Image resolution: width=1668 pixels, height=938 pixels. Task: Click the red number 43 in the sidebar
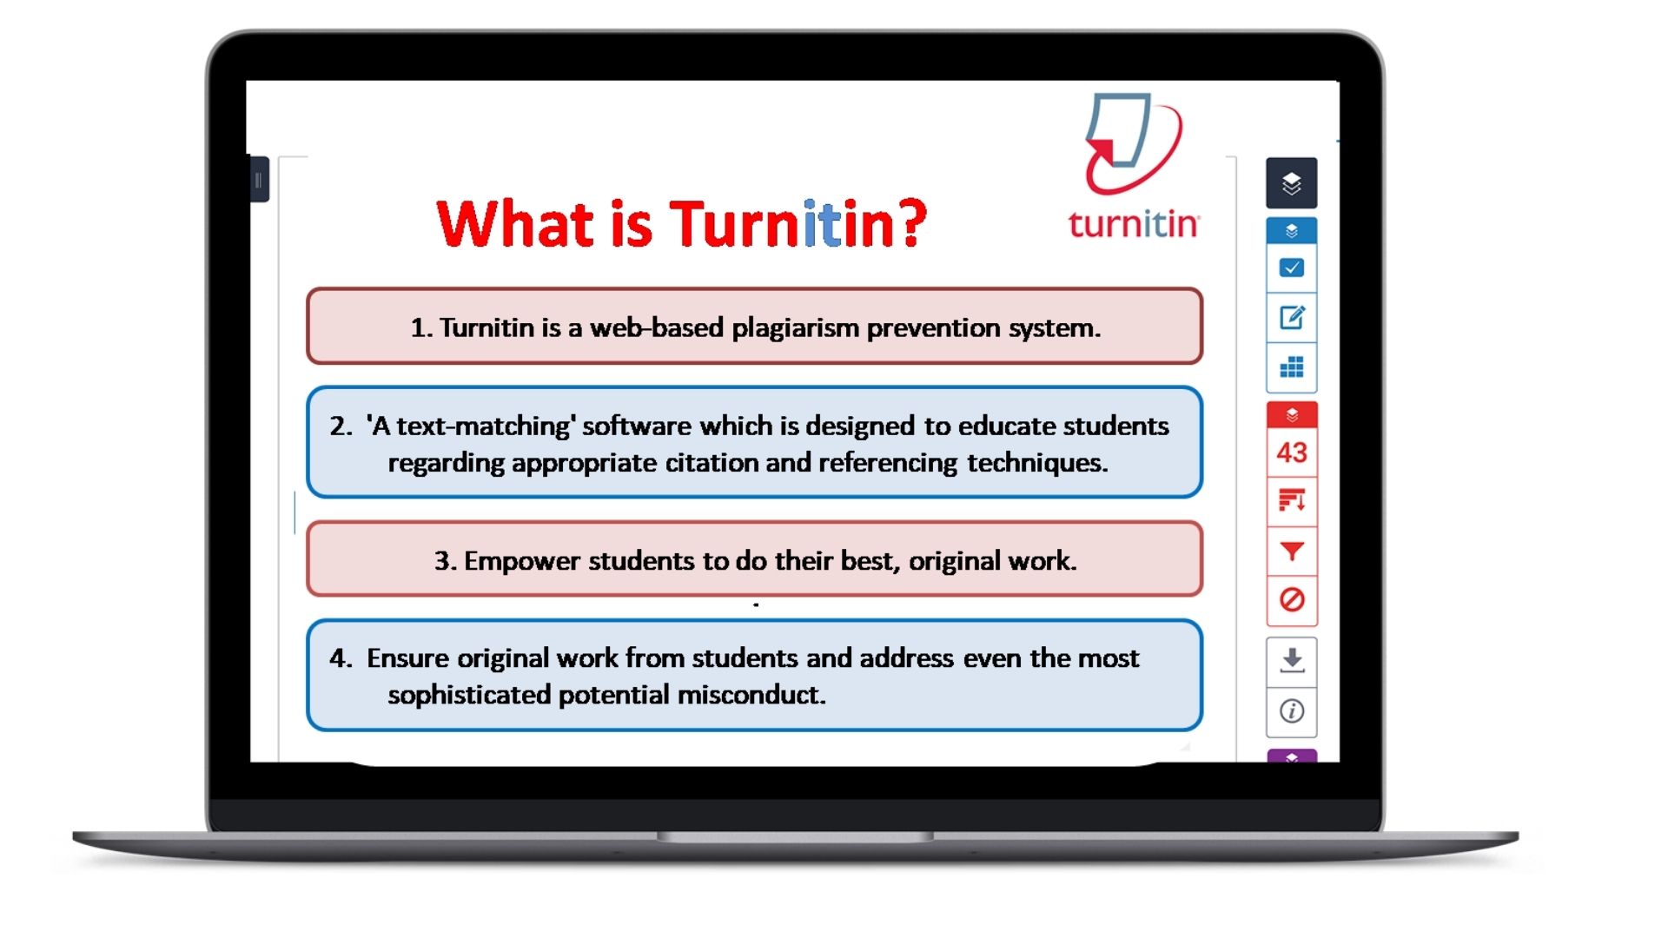click(1292, 452)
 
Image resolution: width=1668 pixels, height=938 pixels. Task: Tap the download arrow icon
click(1292, 661)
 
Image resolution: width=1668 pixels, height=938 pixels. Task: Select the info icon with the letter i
click(1292, 711)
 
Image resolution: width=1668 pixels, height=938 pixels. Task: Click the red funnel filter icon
click(1292, 551)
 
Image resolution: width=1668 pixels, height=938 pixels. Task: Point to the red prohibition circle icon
click(1292, 599)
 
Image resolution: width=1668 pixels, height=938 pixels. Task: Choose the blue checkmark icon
click(1292, 268)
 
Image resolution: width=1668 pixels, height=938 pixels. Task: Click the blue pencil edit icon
click(1292, 318)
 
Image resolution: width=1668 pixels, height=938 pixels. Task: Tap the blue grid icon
click(1292, 367)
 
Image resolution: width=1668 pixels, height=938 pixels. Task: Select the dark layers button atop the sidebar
click(1292, 183)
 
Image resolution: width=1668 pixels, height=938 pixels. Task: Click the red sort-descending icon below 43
click(1292, 500)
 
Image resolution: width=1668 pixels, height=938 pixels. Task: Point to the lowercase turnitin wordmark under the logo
click(1133, 224)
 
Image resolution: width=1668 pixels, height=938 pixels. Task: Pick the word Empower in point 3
click(521, 561)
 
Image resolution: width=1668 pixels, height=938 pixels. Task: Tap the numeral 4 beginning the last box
click(338, 658)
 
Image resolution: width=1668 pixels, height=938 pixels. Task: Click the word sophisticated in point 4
click(469, 695)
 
